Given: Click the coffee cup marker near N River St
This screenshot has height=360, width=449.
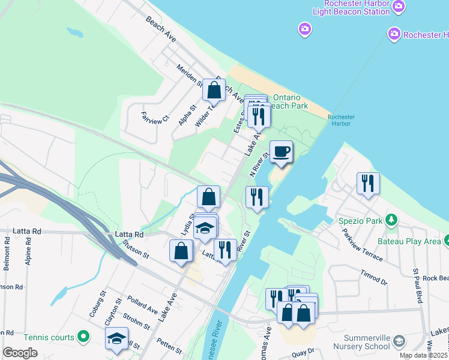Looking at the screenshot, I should point(281,152).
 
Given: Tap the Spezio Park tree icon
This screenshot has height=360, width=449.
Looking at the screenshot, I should point(391,220).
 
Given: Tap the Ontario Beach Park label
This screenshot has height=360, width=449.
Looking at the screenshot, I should point(291,101).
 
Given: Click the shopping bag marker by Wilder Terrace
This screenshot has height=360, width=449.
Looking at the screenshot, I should point(214,91).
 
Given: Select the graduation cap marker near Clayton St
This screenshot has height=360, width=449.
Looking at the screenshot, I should point(116,338).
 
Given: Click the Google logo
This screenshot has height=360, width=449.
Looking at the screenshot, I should point(20,353).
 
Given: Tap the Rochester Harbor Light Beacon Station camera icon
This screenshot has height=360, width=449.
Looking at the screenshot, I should point(399,7).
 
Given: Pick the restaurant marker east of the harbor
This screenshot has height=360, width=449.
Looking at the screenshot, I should point(367,184).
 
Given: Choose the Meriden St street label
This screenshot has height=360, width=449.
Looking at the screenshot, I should point(189,77).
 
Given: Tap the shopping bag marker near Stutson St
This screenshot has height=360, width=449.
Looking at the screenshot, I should point(181,252).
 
